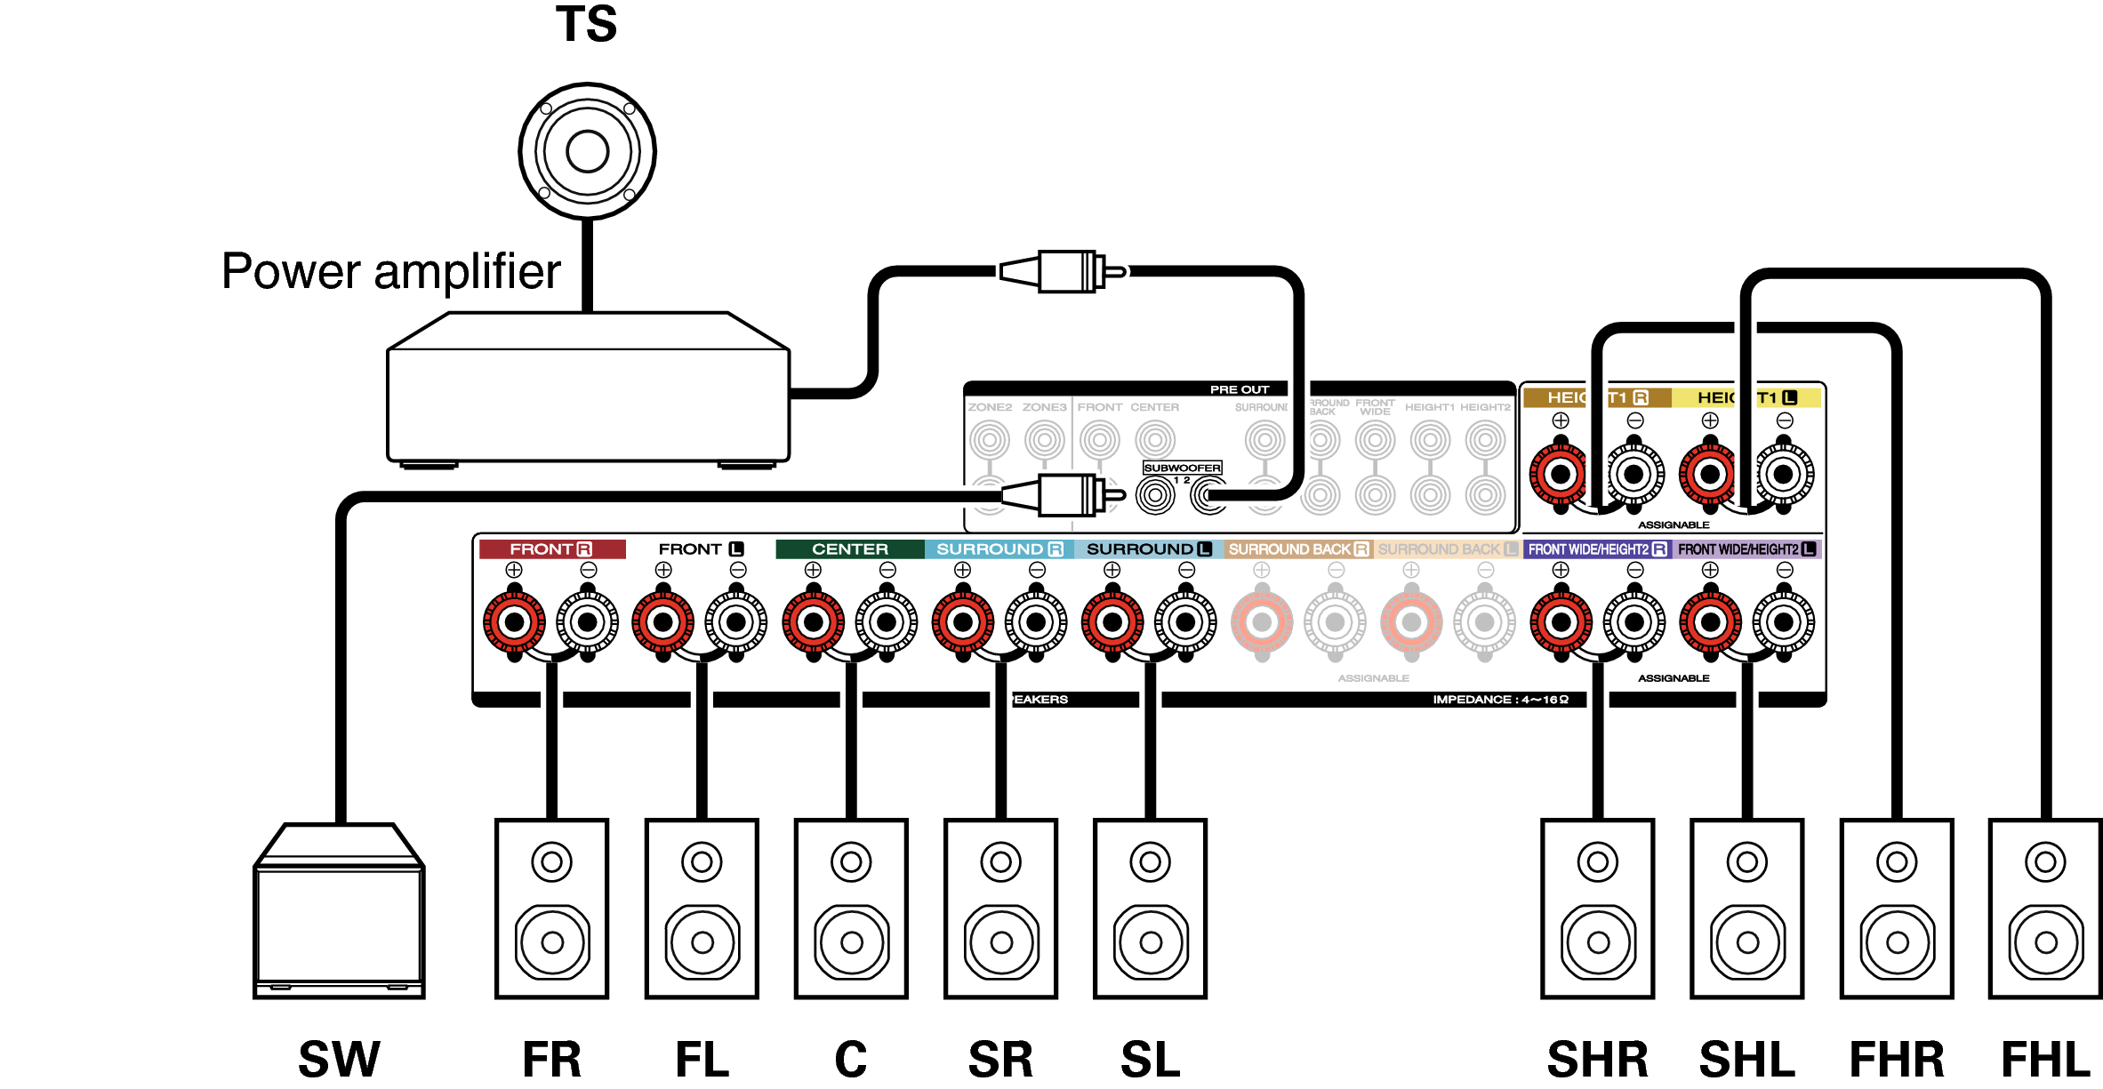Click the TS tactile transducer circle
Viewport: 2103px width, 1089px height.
(x=587, y=151)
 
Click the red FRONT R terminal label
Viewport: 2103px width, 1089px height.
(x=551, y=549)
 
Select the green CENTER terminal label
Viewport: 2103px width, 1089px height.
(x=849, y=549)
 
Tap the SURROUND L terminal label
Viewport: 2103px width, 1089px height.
(x=1148, y=549)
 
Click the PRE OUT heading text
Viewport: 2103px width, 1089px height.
(x=1239, y=389)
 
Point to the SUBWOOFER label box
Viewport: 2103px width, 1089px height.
(x=1182, y=468)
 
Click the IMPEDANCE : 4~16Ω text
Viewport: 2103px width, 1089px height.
(x=1500, y=700)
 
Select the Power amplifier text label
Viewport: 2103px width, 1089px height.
(x=391, y=271)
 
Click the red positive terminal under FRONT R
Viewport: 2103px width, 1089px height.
(x=514, y=622)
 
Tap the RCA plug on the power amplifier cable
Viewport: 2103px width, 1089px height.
(x=1063, y=271)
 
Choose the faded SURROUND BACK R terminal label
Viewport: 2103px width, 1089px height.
(x=1298, y=549)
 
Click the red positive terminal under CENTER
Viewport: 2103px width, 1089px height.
(x=813, y=622)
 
